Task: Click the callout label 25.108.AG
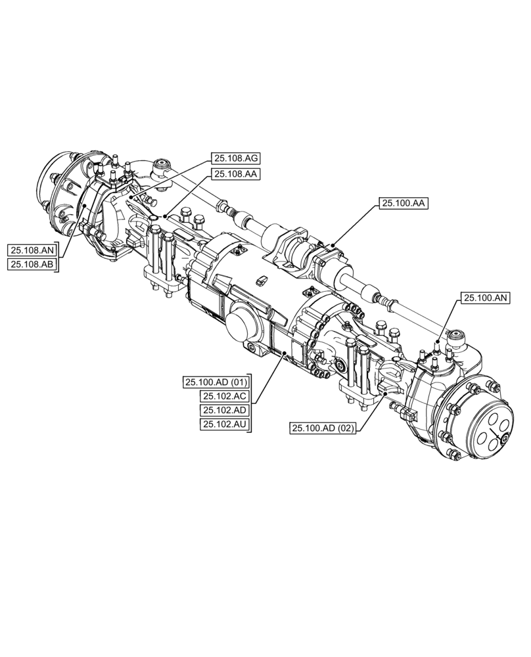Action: tap(235, 158)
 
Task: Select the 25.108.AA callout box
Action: tap(235, 173)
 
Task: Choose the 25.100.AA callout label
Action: tap(403, 204)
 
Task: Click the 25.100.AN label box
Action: tap(485, 298)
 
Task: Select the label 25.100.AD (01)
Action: tap(216, 382)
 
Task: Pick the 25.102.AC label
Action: tap(224, 396)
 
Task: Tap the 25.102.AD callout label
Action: tap(224, 410)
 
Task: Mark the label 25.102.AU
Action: tap(224, 424)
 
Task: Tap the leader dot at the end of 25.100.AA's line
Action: tap(333, 246)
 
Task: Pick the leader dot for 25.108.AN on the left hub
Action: tap(85, 206)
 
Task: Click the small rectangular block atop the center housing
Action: tap(261, 281)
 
